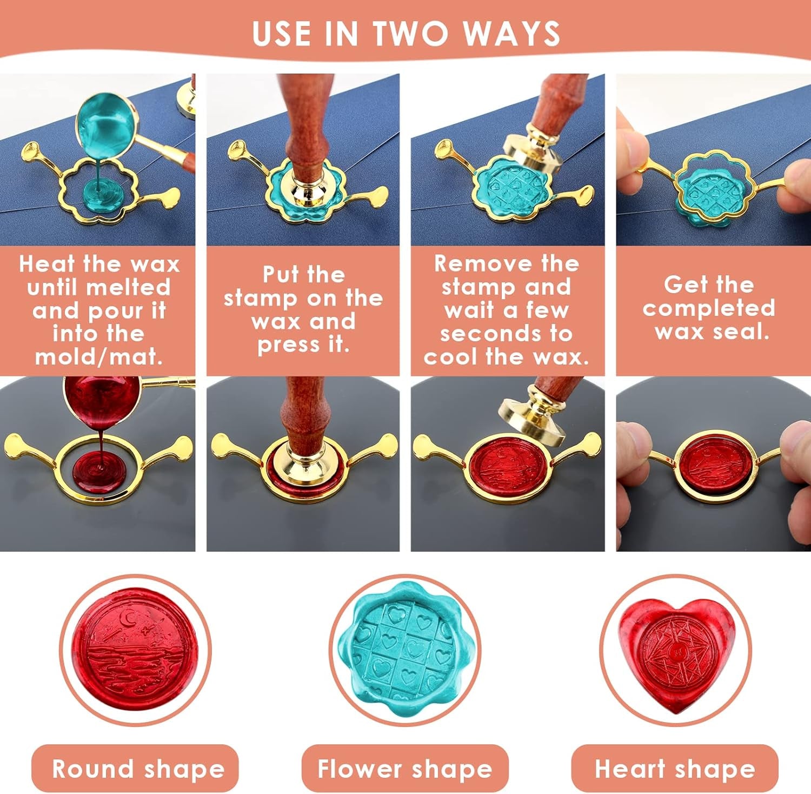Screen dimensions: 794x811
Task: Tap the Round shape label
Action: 137,769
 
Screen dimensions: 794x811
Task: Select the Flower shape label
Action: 404,769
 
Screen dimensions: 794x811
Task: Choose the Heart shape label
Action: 675,769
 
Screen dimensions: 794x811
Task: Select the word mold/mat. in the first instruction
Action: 98,358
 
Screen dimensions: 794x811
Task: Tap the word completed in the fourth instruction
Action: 708,308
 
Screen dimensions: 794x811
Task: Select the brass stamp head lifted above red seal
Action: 533,417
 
